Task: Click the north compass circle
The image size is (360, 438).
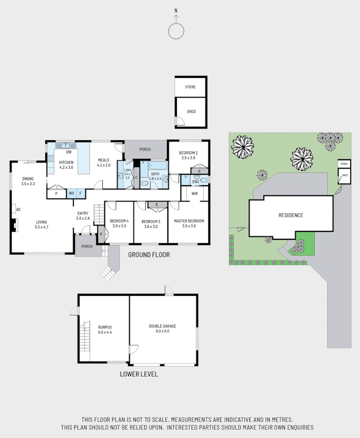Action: point(176,31)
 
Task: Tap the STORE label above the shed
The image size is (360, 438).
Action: point(190,87)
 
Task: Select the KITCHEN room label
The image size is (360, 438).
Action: point(66,162)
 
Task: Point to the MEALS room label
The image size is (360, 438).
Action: point(103,160)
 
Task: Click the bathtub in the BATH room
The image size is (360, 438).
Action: point(158,166)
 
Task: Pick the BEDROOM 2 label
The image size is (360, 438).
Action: point(188,153)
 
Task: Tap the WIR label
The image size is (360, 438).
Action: point(195,193)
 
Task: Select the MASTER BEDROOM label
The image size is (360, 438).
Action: point(189,221)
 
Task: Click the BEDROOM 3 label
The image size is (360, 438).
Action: point(151,221)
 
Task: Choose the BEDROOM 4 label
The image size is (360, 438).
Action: point(119,221)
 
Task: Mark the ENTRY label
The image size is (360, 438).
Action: point(83,213)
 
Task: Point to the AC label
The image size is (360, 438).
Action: point(19,209)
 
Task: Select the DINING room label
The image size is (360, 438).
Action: point(28,179)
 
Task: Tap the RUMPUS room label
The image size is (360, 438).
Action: point(105,327)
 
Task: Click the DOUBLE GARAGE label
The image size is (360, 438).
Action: point(162,326)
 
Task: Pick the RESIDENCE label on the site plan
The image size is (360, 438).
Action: point(291,215)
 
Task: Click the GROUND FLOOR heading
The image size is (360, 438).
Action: point(149,255)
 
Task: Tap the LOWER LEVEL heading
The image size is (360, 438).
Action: point(139,374)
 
